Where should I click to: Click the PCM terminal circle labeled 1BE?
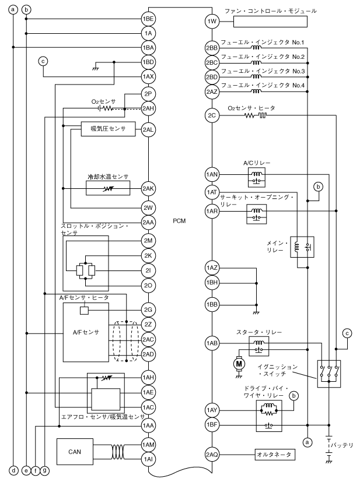click(x=148, y=19)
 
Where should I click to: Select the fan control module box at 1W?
click(x=271, y=22)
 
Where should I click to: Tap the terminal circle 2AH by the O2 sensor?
click(x=148, y=108)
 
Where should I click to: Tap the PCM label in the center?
click(x=180, y=222)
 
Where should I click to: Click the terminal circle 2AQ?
click(x=211, y=454)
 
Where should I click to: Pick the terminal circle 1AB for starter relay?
click(x=211, y=343)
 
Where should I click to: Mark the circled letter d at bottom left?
click(x=13, y=470)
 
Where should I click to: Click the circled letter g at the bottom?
click(x=45, y=470)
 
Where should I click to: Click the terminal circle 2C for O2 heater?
click(x=211, y=115)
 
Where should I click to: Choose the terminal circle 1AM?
click(x=148, y=445)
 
